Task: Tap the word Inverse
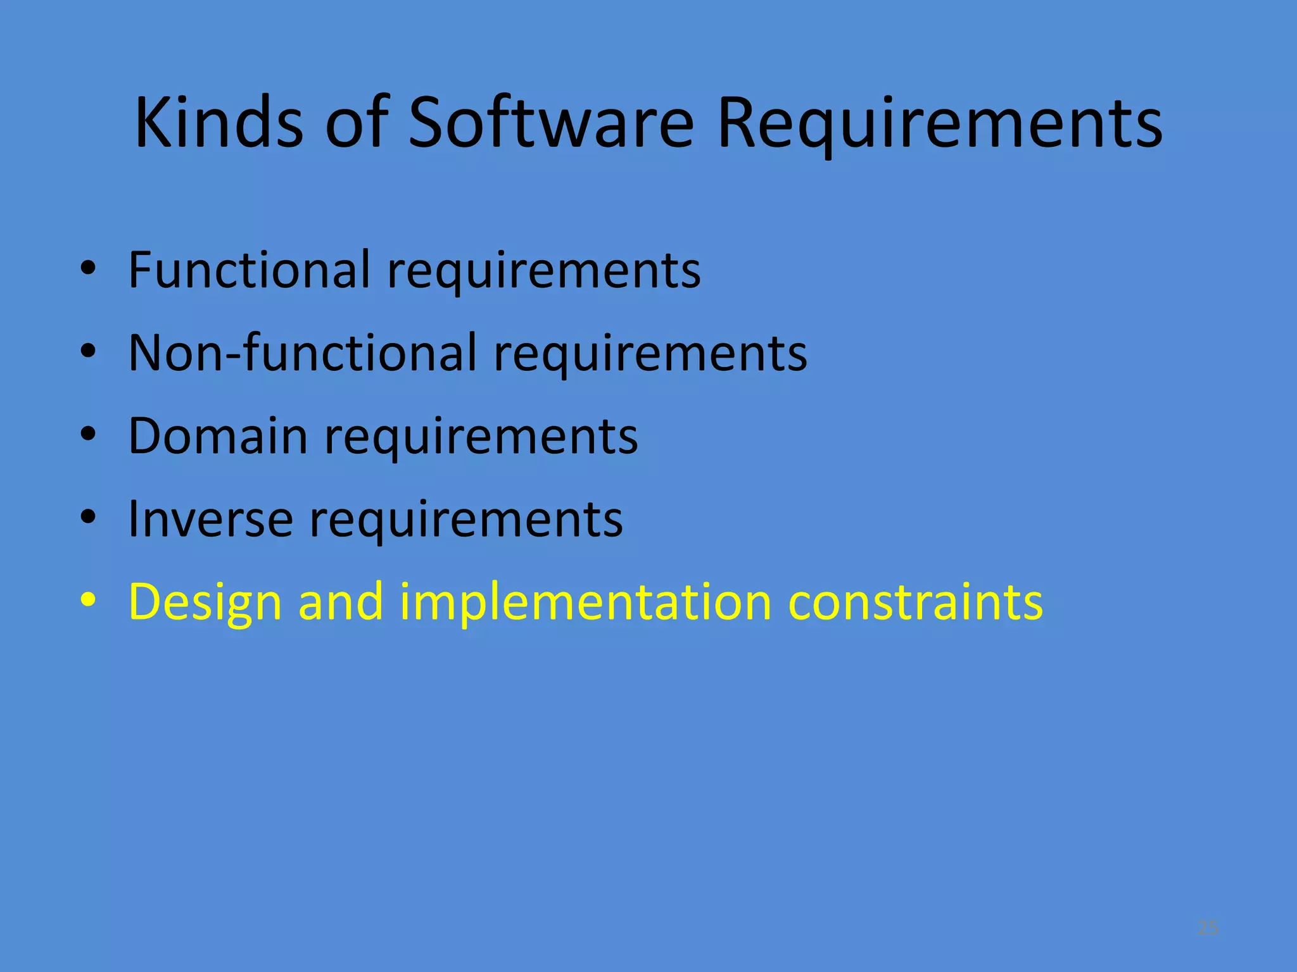(x=210, y=518)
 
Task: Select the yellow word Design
(x=205, y=603)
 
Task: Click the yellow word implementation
(x=586, y=603)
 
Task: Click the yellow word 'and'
(x=341, y=602)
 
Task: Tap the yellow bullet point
(x=88, y=599)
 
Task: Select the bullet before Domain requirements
(x=88, y=433)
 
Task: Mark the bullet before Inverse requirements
(x=88, y=516)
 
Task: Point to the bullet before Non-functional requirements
(x=88, y=351)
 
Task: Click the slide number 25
(x=1208, y=928)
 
